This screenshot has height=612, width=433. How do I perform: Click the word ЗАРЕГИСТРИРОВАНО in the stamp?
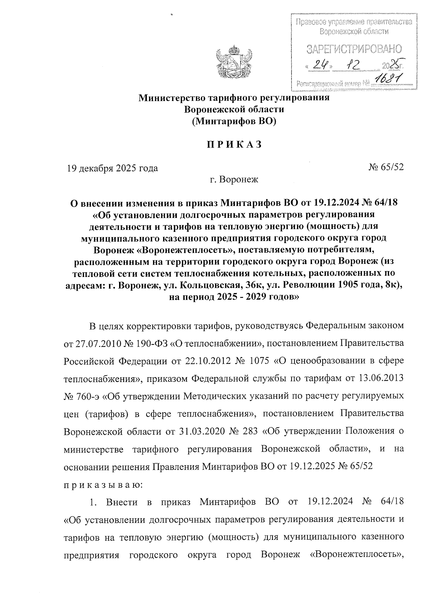(353, 49)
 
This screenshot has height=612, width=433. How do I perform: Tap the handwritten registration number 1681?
(388, 79)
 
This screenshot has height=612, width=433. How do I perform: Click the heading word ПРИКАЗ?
(234, 145)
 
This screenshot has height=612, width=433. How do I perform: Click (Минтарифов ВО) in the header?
(234, 121)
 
